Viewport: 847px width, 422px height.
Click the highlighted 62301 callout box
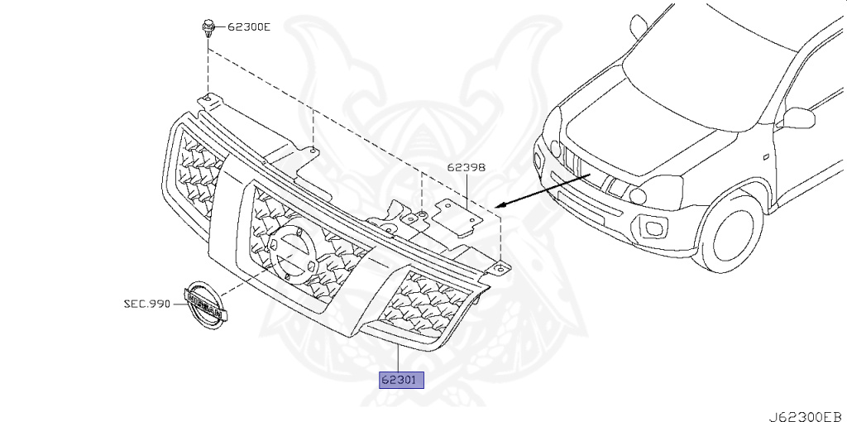coord(401,380)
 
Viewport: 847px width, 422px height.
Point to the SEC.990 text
coord(146,304)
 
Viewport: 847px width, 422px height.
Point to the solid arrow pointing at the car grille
coord(543,190)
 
